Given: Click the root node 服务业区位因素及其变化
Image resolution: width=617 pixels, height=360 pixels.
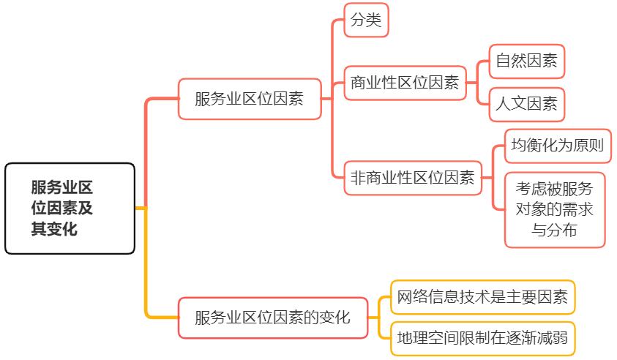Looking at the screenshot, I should (70, 209).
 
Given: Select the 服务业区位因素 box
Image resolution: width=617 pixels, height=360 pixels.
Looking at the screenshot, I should (250, 99).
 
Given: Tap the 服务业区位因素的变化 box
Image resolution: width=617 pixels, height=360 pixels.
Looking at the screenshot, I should (273, 318).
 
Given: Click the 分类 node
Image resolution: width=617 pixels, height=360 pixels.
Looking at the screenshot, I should (366, 20).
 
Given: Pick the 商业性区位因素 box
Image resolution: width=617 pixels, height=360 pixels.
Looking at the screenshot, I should (405, 83).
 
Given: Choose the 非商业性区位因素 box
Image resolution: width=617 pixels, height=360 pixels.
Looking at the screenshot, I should (413, 177).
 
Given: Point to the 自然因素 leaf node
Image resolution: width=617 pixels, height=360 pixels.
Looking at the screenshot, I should (526, 61).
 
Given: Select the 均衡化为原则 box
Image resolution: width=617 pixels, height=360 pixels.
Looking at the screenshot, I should (558, 146).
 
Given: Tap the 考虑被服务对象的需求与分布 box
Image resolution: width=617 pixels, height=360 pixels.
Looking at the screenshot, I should (555, 209).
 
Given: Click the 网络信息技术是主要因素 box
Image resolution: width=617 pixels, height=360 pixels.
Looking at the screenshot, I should (482, 297).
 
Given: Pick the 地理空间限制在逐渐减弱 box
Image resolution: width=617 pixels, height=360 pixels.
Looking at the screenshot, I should (482, 338).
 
